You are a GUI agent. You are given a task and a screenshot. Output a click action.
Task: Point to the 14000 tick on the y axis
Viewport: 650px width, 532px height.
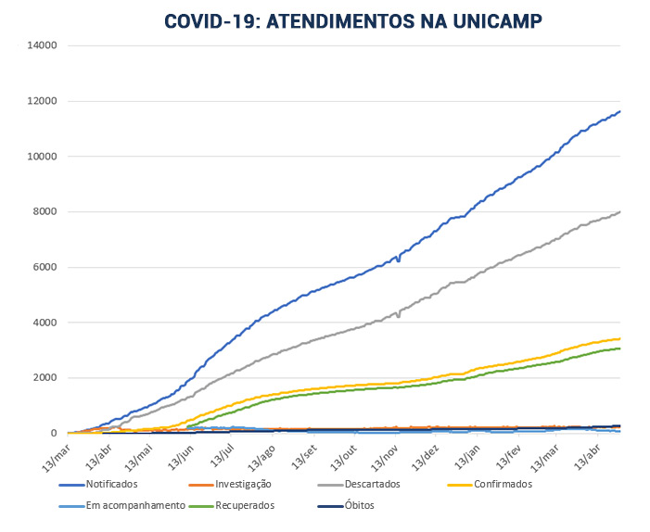coord(43,44)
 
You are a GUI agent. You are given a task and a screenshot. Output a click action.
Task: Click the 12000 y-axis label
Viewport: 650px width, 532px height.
coord(43,100)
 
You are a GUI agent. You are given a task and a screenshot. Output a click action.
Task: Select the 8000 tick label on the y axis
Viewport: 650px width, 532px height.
coord(45,211)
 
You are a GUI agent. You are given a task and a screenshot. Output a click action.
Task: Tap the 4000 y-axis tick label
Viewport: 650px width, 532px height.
coord(45,323)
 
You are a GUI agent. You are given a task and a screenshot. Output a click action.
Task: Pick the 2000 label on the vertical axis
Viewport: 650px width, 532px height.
coord(45,378)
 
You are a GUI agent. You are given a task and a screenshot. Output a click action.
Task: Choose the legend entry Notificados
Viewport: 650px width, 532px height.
coord(110,484)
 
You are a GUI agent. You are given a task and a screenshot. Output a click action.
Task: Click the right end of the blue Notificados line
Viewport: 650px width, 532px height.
coord(619,111)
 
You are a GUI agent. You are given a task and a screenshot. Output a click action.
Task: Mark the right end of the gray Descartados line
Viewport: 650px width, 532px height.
coord(619,211)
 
